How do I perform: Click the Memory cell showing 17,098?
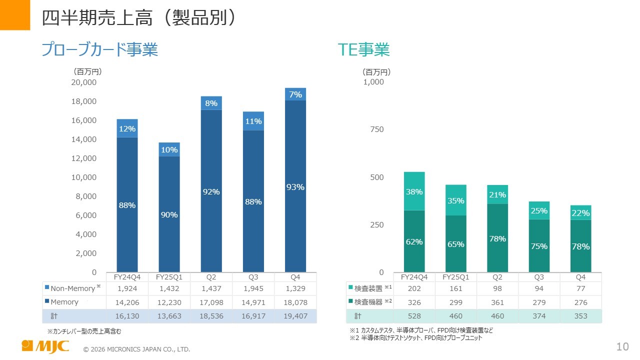[x=211, y=302]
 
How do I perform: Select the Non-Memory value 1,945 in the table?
[x=253, y=288]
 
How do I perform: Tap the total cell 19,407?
[x=295, y=316]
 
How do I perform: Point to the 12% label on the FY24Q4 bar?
[x=127, y=129]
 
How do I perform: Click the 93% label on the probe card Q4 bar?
[x=295, y=187]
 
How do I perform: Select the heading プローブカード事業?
[x=99, y=49]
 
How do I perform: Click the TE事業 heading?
[x=363, y=49]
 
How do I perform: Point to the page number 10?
[x=622, y=347]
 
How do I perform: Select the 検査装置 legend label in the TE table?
[x=368, y=288]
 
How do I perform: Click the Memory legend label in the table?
[x=64, y=302]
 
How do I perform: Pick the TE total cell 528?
[x=414, y=316]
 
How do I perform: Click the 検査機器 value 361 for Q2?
[x=497, y=302]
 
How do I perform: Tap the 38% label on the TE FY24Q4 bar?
[x=414, y=191]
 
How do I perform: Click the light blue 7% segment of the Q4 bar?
[x=295, y=94]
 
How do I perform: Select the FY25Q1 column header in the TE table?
[x=455, y=277]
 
